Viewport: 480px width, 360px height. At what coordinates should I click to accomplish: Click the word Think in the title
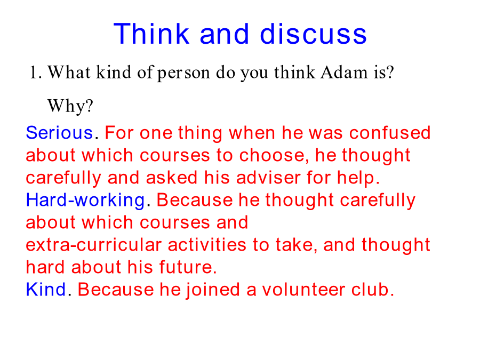[x=151, y=34]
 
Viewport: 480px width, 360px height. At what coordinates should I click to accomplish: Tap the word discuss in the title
[x=313, y=34]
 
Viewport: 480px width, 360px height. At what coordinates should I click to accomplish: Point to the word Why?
[x=70, y=106]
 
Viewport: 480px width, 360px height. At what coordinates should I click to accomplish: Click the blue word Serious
[x=59, y=133]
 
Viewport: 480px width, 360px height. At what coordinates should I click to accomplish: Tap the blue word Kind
[x=46, y=289]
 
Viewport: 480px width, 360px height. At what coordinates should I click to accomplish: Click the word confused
[x=390, y=133]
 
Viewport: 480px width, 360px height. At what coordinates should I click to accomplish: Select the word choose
[x=272, y=155]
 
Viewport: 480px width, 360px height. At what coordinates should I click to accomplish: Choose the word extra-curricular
[x=94, y=245]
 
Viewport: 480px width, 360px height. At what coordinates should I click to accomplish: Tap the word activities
[x=207, y=245]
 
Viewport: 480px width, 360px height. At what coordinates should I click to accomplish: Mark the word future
[x=186, y=267]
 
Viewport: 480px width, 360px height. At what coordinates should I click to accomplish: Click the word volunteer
[x=303, y=289]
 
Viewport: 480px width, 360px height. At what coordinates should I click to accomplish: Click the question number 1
[x=34, y=73]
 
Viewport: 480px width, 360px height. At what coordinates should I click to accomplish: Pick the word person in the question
[x=183, y=74]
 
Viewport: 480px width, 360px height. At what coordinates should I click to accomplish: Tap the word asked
[x=171, y=178]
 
